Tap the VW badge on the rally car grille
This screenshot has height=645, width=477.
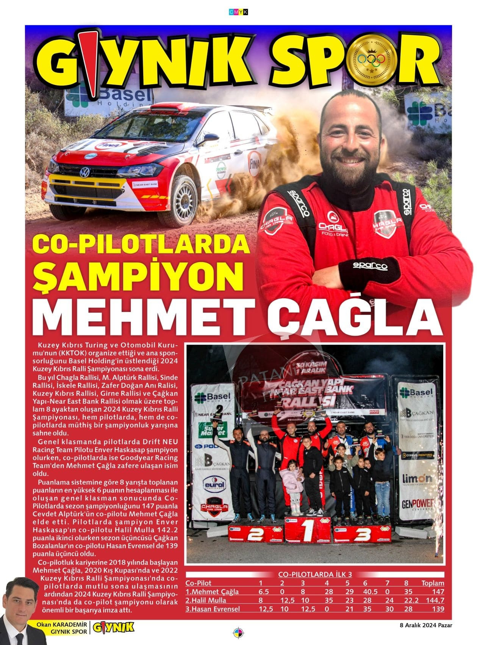pyautogui.click(x=85, y=173)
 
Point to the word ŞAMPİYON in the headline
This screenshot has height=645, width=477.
pyautogui.click(x=138, y=277)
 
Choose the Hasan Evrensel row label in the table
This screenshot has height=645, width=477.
pyautogui.click(x=213, y=609)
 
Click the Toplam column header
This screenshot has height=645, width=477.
pyautogui.click(x=433, y=583)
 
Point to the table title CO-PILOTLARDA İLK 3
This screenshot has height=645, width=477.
pyautogui.click(x=315, y=574)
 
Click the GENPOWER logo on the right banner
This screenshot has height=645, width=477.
pyautogui.click(x=418, y=505)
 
